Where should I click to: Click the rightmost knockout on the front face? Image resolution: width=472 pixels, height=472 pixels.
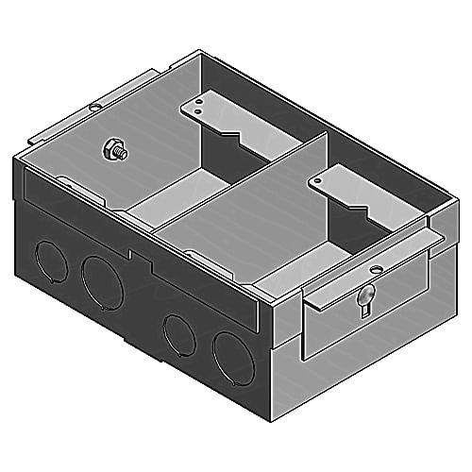229,356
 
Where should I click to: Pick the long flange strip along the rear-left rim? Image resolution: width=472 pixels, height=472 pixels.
104,106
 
